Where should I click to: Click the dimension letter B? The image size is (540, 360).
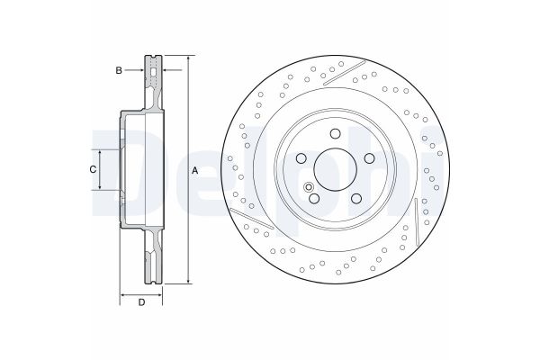118,68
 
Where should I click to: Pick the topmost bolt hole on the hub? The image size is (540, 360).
333,134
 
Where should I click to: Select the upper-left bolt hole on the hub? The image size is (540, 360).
300,159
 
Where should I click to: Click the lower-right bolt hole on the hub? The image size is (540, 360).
356,199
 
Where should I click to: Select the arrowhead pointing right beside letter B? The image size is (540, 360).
141,68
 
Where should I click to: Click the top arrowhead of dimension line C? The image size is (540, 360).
98,150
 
